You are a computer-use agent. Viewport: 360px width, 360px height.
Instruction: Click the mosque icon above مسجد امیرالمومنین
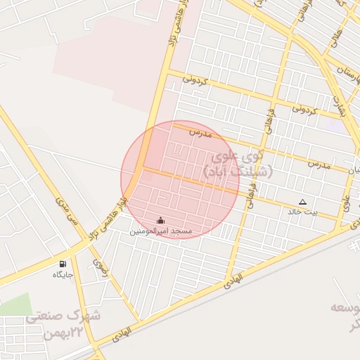point(160,220)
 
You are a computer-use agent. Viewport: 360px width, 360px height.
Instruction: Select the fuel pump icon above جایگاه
point(63,264)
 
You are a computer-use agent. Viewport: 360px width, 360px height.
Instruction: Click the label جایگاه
point(63,275)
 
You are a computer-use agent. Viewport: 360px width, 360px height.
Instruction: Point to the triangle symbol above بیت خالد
point(302,202)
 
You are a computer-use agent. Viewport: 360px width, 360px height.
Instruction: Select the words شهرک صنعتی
point(64,316)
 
